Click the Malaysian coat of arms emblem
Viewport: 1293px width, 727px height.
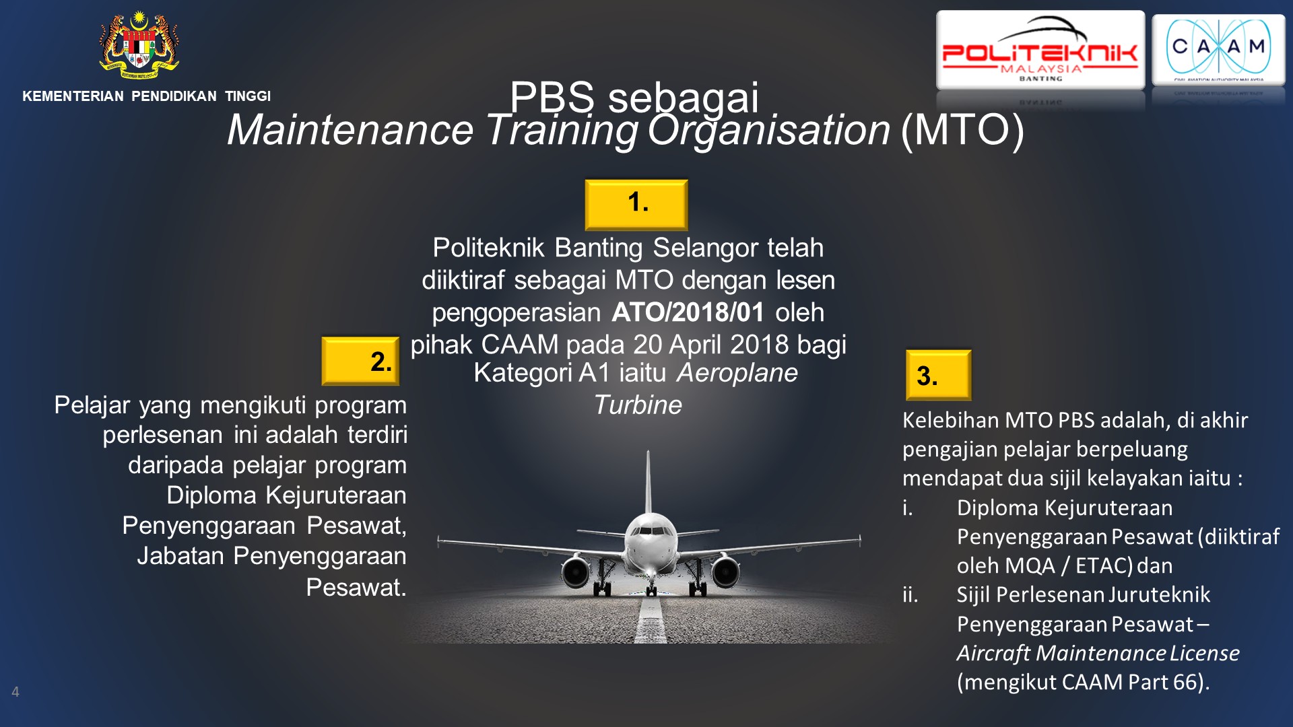tap(139, 44)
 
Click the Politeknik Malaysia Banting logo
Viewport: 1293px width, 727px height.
tap(1040, 50)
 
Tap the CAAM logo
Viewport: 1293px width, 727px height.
tap(1218, 50)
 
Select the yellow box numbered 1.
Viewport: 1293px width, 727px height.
tap(636, 204)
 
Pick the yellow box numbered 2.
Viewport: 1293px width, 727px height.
tap(360, 361)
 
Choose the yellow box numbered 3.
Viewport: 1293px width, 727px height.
tap(938, 375)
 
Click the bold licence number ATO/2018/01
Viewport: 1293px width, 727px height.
tap(688, 312)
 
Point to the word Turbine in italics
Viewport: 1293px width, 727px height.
tap(638, 405)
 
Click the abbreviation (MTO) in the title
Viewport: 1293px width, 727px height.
tap(963, 130)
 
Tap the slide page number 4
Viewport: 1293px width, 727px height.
tap(15, 691)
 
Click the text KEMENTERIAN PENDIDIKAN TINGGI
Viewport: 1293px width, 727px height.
tap(147, 96)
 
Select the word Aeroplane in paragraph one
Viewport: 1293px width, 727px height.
tap(737, 373)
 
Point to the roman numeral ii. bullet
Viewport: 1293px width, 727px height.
tap(910, 595)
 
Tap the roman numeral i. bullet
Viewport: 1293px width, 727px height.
tap(908, 508)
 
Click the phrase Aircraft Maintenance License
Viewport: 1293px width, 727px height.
tap(1098, 653)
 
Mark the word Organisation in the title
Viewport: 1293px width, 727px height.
tap(768, 130)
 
